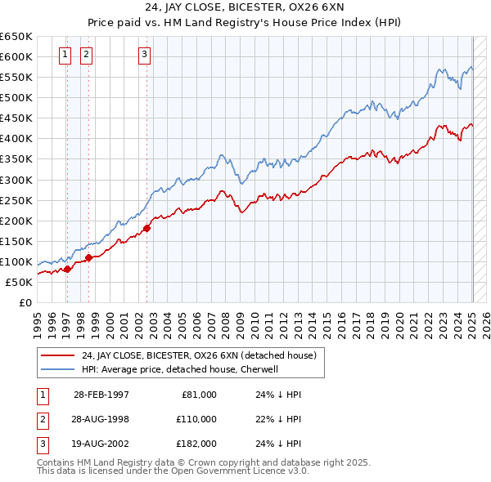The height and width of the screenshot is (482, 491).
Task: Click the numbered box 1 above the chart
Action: [x=65, y=56]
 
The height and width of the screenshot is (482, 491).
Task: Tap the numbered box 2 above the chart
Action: [x=86, y=56]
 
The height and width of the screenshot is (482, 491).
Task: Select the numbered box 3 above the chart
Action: [x=144, y=56]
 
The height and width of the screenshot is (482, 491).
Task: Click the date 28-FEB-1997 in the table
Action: [x=101, y=395]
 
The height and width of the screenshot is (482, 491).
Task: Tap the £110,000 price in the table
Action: [x=196, y=419]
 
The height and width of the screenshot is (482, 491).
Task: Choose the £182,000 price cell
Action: [x=196, y=444]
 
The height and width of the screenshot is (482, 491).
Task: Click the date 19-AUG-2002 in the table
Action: [x=101, y=444]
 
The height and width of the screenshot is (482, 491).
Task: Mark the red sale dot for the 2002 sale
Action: [x=147, y=228]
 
